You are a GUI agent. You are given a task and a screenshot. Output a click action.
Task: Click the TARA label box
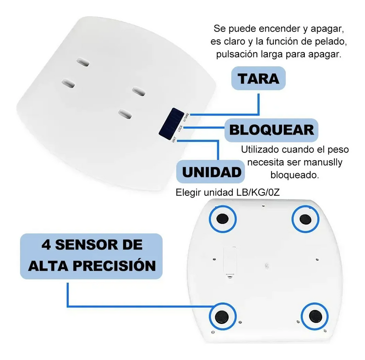[x=258, y=78]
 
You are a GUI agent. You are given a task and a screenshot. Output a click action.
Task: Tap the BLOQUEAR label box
[x=271, y=129]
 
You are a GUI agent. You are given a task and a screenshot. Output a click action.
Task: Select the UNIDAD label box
[x=211, y=172]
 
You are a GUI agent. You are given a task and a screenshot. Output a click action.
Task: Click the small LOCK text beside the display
[x=181, y=129]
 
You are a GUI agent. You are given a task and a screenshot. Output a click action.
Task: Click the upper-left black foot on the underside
[x=223, y=218]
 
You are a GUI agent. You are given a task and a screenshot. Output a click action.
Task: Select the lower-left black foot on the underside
[x=223, y=315]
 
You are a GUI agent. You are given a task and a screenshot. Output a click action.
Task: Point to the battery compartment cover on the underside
[x=229, y=261]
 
